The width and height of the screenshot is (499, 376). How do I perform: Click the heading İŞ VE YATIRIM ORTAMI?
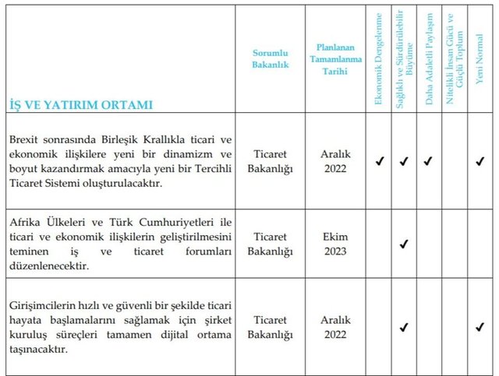coord(81,104)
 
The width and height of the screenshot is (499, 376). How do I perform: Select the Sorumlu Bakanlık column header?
coord(270,58)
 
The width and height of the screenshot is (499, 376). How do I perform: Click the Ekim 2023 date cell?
coord(336,244)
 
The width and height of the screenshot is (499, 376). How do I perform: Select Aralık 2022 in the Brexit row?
coord(336,161)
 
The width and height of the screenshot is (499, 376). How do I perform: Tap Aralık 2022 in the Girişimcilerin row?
coord(336,328)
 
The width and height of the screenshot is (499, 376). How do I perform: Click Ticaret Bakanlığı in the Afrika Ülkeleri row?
coord(270,244)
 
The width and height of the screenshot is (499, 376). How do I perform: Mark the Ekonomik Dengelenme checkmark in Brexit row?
coord(379,162)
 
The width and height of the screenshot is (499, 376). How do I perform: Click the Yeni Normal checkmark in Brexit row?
coord(480,162)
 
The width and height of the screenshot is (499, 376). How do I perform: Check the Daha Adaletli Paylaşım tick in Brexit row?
coord(428,162)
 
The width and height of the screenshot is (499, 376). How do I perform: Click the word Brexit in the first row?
coord(25,139)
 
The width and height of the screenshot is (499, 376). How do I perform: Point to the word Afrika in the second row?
coord(25,223)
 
